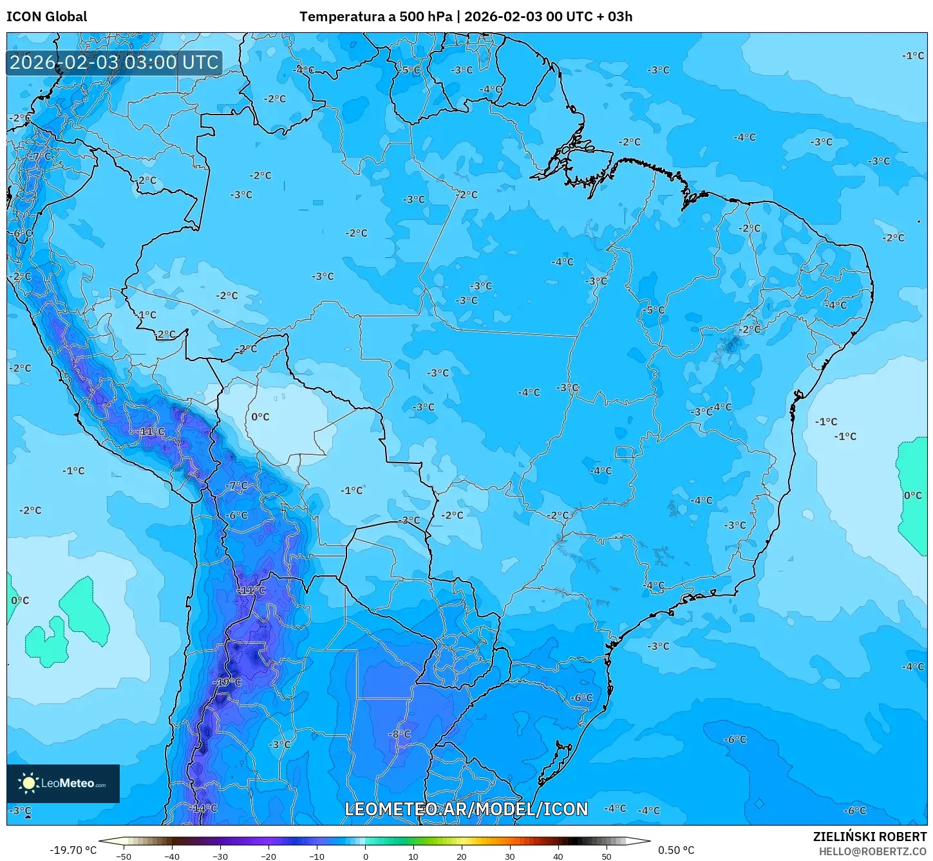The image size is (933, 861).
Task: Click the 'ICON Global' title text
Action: click(46, 17)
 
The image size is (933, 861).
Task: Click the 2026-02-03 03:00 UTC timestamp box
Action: click(114, 63)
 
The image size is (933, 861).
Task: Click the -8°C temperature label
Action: click(399, 734)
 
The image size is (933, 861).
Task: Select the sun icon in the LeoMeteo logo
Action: click(28, 783)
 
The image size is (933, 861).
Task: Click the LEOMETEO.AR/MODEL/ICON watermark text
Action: click(466, 809)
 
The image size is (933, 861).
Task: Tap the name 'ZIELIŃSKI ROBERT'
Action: click(869, 837)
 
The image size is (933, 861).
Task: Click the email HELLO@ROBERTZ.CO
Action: click(872, 851)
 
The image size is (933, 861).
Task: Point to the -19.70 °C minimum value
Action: click(73, 850)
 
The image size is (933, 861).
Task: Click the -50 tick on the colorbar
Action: click(124, 856)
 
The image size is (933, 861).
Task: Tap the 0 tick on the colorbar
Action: click(365, 856)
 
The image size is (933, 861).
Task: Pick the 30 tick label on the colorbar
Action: click(509, 856)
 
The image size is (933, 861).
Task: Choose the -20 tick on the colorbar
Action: click(269, 856)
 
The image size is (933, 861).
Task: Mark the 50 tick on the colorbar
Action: click(606, 856)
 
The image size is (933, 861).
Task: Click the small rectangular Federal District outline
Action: click(623, 452)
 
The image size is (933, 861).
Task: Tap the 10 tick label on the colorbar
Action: click(413, 856)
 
